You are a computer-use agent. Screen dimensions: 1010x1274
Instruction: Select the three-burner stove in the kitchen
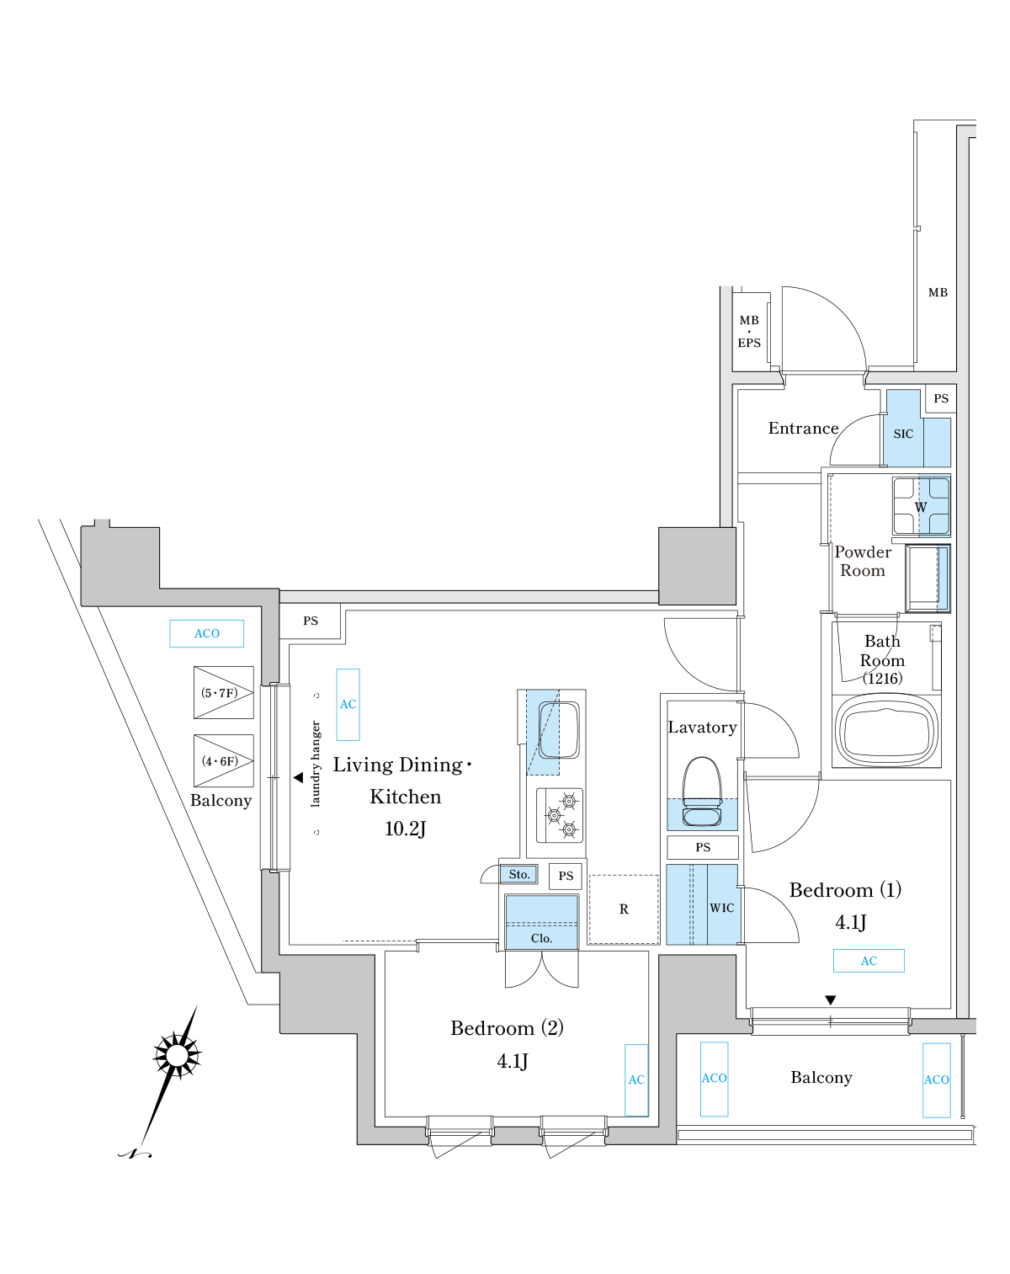(560, 815)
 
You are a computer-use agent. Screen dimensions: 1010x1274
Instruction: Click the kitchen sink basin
(559, 730)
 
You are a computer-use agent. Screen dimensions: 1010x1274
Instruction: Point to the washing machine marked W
(922, 507)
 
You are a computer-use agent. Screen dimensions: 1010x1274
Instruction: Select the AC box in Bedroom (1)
(869, 961)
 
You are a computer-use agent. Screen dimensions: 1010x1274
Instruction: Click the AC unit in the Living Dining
(348, 705)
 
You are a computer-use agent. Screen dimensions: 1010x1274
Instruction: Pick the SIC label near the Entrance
(903, 434)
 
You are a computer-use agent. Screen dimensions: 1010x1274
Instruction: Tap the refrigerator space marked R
(624, 909)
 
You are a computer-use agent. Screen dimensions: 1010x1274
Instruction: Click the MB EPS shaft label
(749, 332)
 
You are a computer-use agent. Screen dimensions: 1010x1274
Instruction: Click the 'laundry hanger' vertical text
(316, 764)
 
